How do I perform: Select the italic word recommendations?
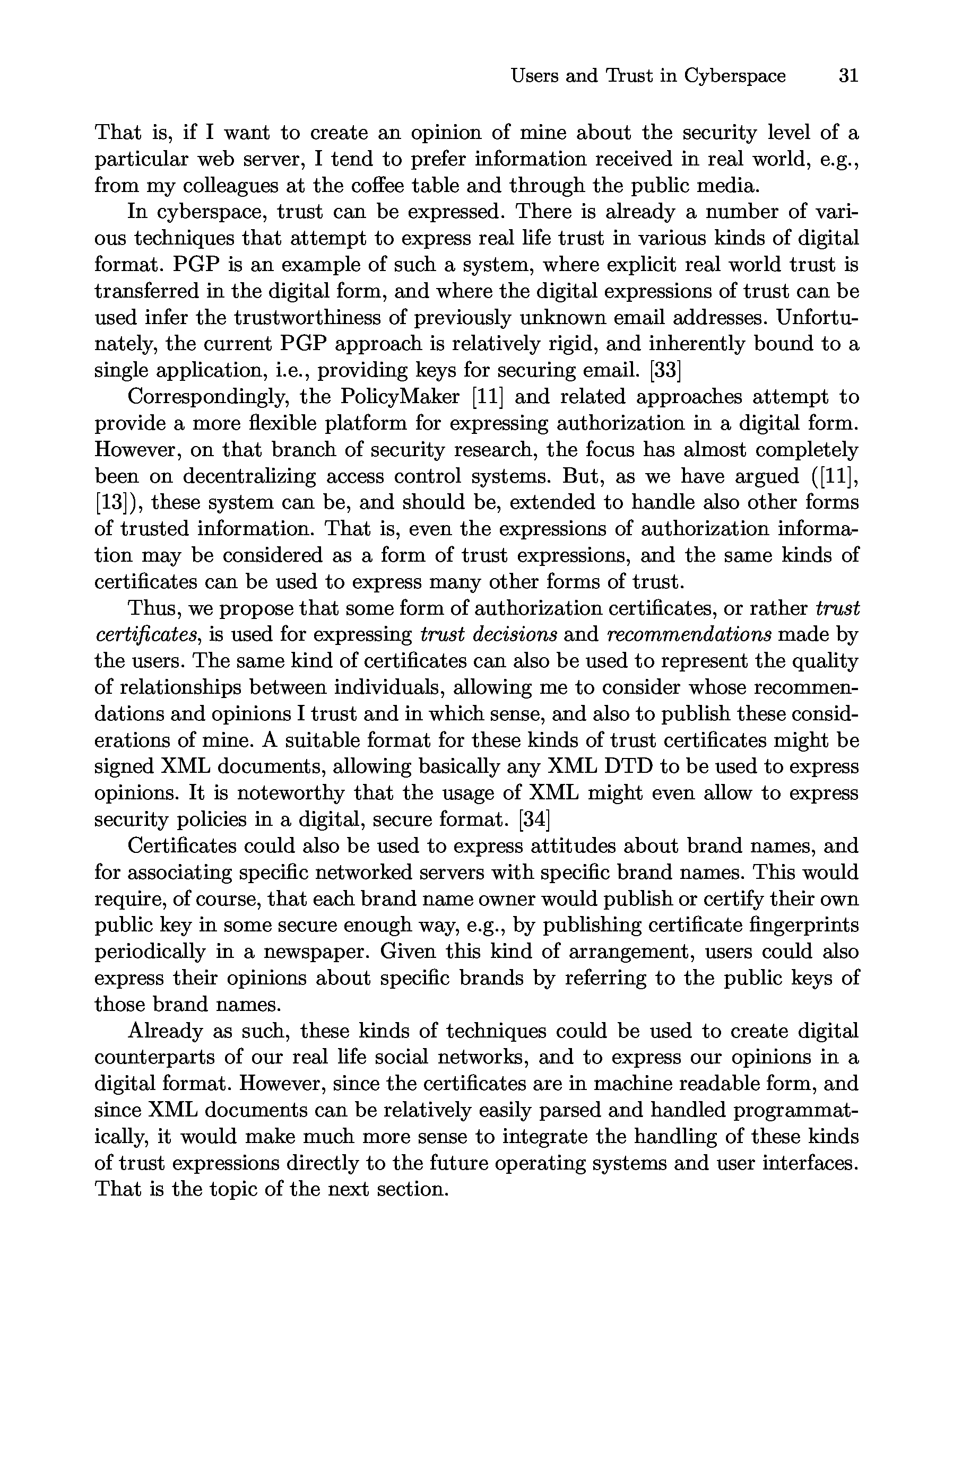coord(689,635)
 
